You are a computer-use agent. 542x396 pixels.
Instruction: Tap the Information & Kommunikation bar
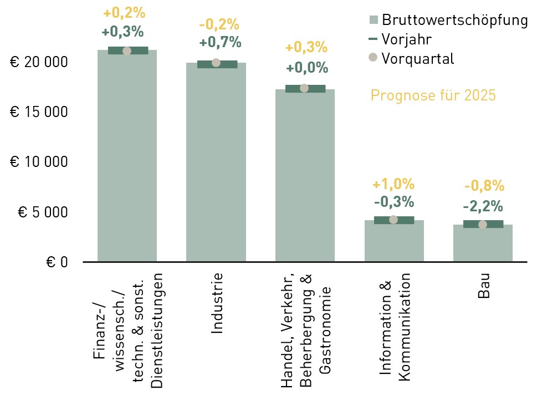click(394, 241)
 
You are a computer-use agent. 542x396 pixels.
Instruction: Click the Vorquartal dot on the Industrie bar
click(216, 63)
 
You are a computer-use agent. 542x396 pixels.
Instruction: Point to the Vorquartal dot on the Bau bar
click(483, 225)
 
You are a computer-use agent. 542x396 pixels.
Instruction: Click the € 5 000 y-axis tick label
click(43, 212)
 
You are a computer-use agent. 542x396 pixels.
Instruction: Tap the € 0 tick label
click(57, 262)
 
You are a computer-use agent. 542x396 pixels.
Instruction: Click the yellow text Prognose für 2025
click(433, 95)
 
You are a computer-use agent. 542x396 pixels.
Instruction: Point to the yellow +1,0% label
click(393, 184)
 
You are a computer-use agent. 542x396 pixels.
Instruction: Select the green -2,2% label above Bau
click(483, 206)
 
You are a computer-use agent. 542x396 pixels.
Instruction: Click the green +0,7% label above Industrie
click(221, 42)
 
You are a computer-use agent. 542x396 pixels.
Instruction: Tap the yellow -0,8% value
click(484, 186)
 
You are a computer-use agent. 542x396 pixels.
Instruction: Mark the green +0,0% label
click(307, 68)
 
